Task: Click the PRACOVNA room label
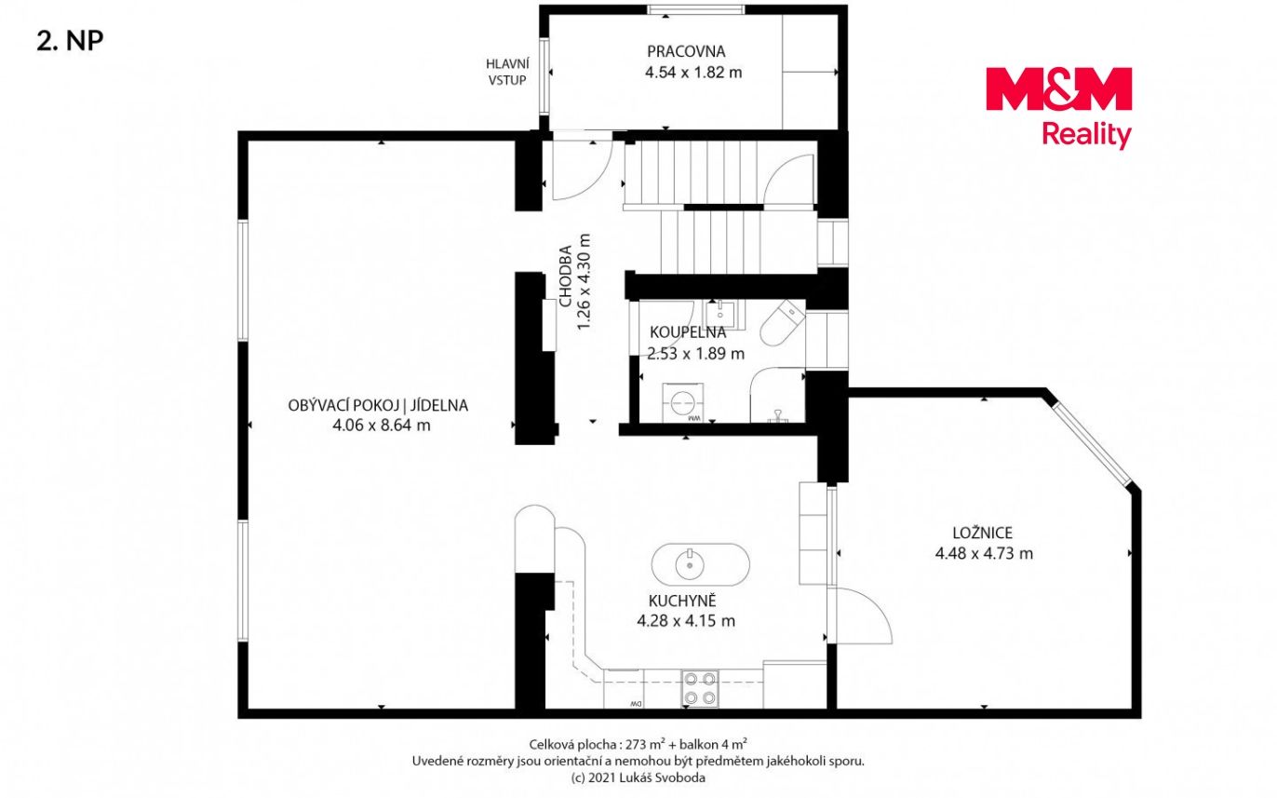pyautogui.click(x=686, y=51)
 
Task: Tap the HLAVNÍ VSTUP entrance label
pyautogui.click(x=507, y=72)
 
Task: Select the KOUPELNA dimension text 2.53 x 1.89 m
pyautogui.click(x=695, y=354)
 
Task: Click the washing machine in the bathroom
pyautogui.click(x=683, y=402)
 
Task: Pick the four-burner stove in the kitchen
pyautogui.click(x=700, y=688)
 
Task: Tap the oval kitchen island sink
pyautogui.click(x=700, y=564)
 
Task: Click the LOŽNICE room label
pyautogui.click(x=982, y=533)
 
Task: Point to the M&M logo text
pyautogui.click(x=1058, y=88)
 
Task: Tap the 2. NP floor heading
pyautogui.click(x=70, y=41)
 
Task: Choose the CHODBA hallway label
pyautogui.click(x=566, y=276)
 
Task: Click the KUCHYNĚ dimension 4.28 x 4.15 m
pyautogui.click(x=686, y=620)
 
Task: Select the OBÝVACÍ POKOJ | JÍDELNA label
pyautogui.click(x=378, y=406)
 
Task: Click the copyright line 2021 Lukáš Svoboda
pyautogui.click(x=638, y=778)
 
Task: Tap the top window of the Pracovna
pyautogui.click(x=696, y=9)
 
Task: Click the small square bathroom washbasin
pyautogui.click(x=720, y=314)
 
